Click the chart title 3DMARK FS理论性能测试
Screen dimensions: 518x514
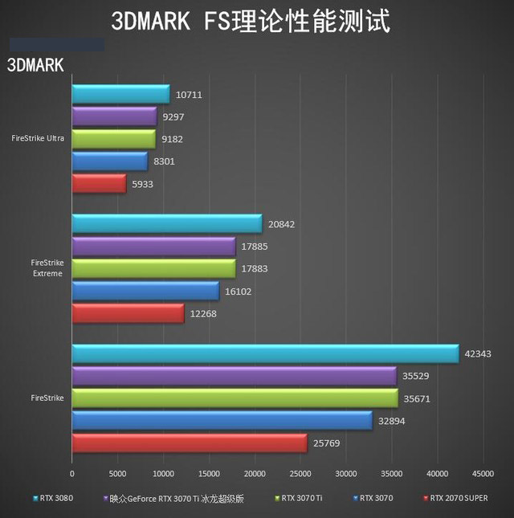251,22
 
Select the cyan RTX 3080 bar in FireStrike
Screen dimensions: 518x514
265,353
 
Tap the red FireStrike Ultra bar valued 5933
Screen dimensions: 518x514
99,184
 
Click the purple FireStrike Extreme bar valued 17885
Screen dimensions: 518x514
153,246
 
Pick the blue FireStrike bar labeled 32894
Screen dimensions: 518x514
222,420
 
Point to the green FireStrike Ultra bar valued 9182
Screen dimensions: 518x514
113,139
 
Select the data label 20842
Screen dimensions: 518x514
284,224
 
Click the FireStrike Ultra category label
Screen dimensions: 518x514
38,138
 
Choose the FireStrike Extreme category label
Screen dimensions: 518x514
47,268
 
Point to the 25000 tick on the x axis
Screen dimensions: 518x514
300,473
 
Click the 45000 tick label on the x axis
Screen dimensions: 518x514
483,473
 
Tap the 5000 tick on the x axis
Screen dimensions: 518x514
117,473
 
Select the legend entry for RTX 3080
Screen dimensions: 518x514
53,498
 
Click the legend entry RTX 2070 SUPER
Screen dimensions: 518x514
455,498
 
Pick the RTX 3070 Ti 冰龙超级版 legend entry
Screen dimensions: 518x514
173,498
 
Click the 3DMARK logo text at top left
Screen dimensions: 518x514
35,65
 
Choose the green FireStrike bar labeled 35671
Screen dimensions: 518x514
235,398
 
